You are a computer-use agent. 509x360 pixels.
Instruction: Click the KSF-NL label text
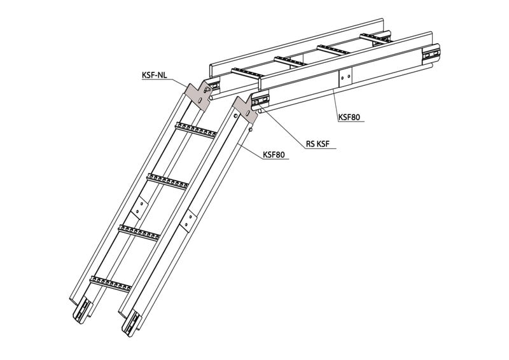(154, 75)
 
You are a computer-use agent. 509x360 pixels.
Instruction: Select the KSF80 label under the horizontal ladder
(349, 117)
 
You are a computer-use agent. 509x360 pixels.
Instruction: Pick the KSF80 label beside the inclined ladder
(274, 155)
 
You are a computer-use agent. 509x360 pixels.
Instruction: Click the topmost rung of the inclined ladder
(196, 130)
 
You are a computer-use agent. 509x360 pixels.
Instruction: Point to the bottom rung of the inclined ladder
(111, 283)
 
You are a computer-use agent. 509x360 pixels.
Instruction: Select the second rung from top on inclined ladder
(167, 181)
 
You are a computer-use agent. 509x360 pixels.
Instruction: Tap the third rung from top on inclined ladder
(139, 232)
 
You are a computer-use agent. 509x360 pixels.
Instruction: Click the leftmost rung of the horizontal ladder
(247, 73)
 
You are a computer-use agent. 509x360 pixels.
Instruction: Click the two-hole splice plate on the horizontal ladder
(345, 77)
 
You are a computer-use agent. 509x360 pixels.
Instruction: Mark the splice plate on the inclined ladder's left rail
(139, 207)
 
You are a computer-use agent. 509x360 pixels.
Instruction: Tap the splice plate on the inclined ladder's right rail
(188, 221)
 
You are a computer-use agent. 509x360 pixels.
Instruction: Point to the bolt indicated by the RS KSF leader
(256, 102)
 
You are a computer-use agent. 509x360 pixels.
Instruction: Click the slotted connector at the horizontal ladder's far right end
(431, 54)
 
